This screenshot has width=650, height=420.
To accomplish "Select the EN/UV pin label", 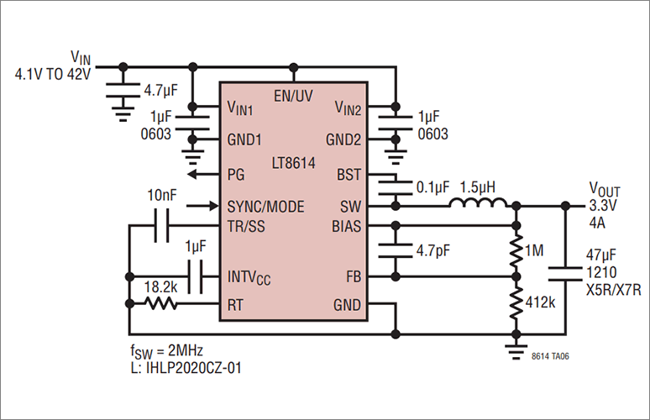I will [293, 96].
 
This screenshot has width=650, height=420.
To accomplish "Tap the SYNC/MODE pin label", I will [265, 206].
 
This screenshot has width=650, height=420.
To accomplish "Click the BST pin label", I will [349, 175].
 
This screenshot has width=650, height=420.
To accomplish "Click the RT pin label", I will [235, 305].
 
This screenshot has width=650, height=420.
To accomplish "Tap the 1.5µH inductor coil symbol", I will [476, 204].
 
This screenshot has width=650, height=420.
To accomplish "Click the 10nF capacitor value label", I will [162, 195].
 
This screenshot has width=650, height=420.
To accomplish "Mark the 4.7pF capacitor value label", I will [433, 250].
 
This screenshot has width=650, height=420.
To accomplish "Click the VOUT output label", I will [605, 188].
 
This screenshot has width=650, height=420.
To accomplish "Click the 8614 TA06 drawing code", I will [555, 356].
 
